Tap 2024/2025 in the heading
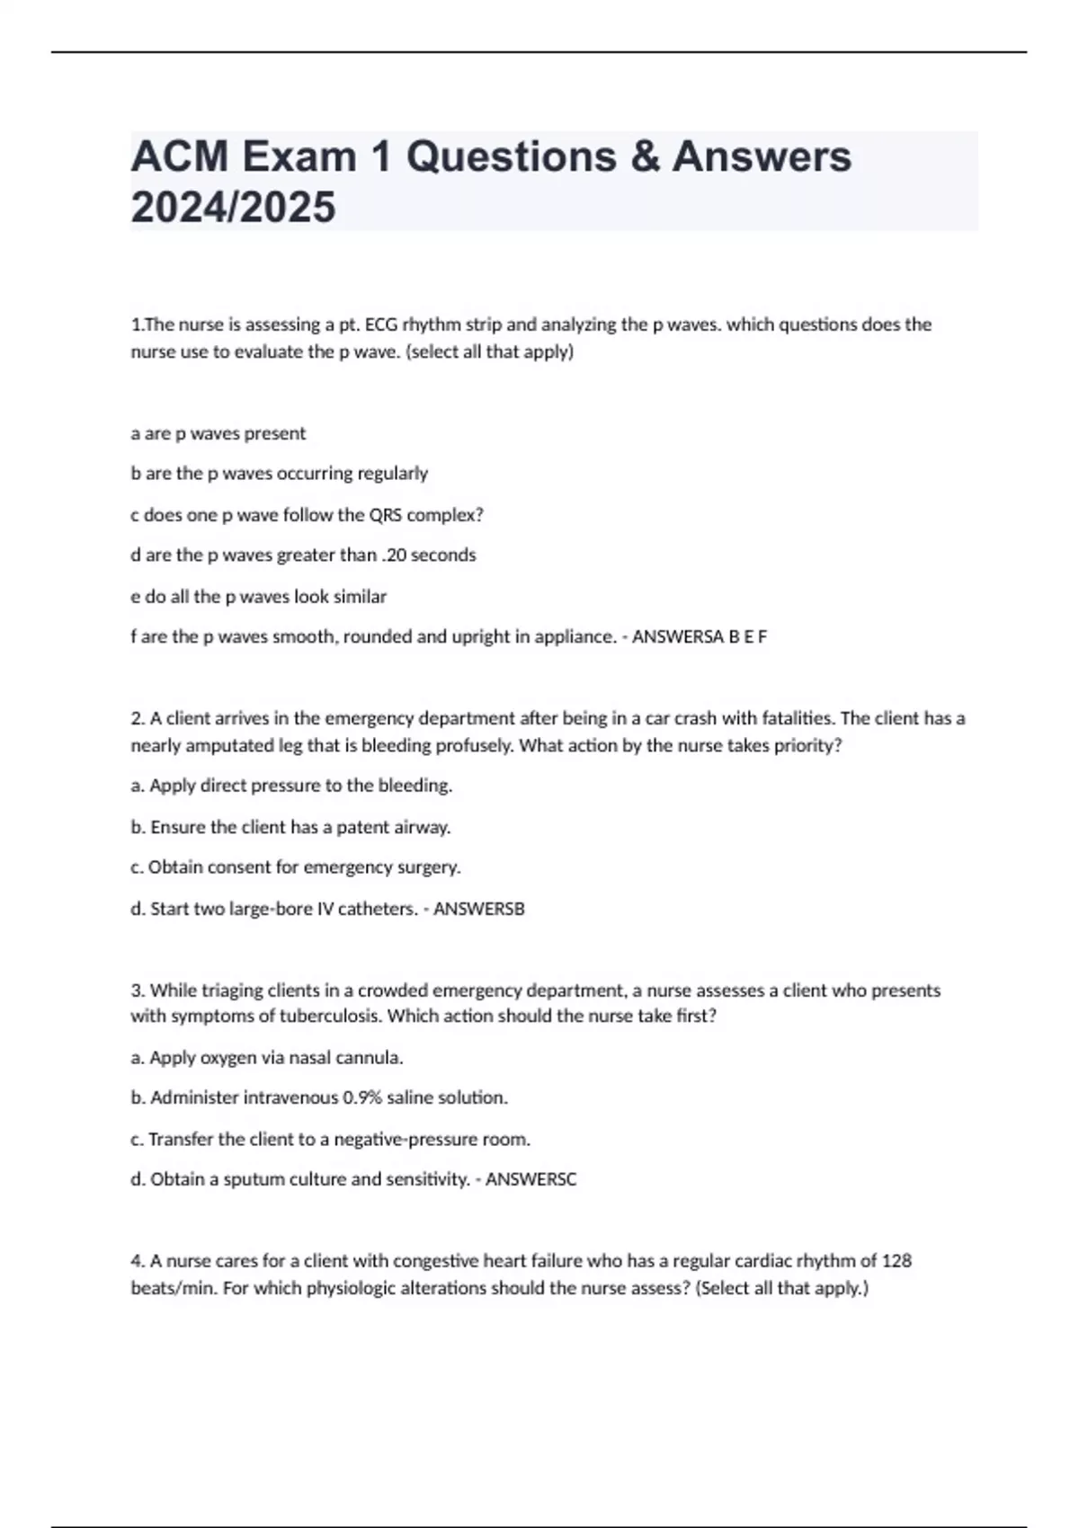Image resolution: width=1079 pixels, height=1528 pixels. [x=233, y=208]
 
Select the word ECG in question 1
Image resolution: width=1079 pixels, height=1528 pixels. [x=382, y=324]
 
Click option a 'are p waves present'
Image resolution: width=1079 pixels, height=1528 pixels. [x=218, y=433]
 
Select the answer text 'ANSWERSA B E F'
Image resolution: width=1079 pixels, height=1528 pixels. [x=700, y=636]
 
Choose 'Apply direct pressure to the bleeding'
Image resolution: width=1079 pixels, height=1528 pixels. [x=291, y=786]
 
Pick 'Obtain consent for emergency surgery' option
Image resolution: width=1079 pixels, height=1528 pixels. [x=296, y=867]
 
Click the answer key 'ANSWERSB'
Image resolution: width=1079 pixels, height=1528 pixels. [x=479, y=909]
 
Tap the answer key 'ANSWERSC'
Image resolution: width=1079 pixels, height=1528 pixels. [x=531, y=1179]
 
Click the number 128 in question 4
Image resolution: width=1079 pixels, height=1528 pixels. [x=896, y=1261]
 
